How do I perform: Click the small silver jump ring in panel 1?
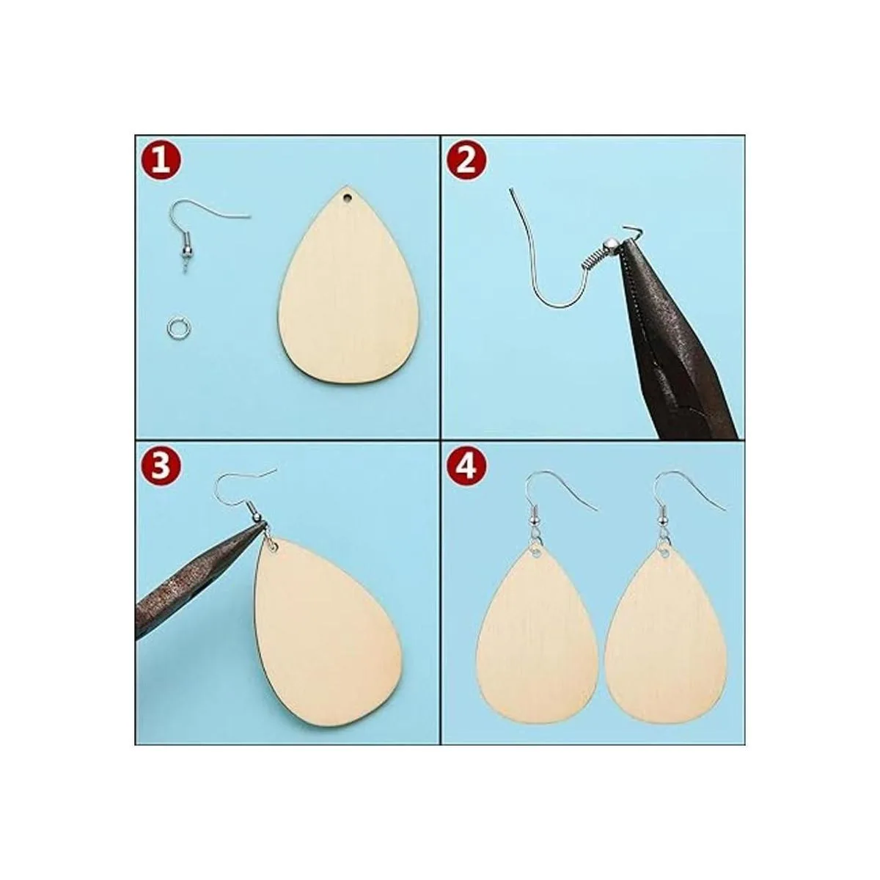pos(175,326)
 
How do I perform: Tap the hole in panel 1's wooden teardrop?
pos(348,199)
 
